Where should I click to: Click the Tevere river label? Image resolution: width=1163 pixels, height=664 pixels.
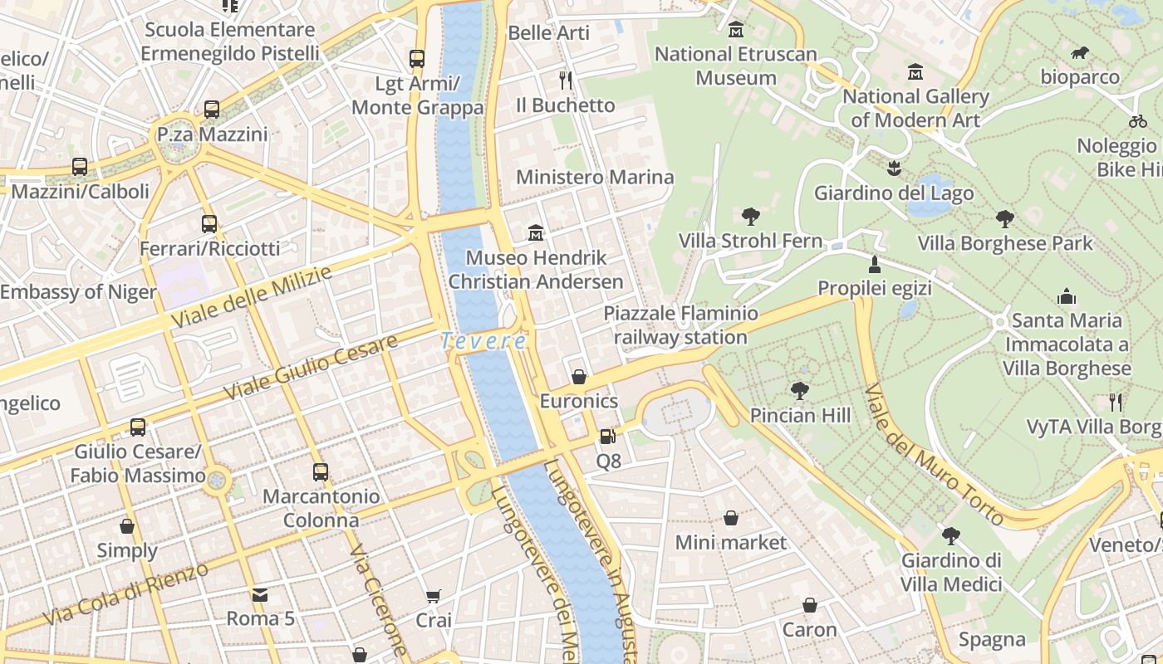click(x=483, y=341)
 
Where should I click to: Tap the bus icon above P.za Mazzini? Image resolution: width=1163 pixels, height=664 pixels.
click(x=212, y=110)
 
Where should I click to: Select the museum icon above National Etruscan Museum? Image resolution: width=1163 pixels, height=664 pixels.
click(x=735, y=31)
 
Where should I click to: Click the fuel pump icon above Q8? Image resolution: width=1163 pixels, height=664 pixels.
click(x=608, y=436)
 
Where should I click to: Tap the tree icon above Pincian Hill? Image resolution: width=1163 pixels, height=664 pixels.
click(x=800, y=390)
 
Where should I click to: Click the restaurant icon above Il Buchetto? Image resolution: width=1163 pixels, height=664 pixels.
click(x=566, y=81)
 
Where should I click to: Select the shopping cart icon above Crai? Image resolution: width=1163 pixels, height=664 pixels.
click(x=433, y=596)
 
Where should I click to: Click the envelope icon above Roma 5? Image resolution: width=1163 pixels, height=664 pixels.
click(x=260, y=594)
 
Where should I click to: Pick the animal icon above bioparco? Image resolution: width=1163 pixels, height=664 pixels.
click(x=1080, y=54)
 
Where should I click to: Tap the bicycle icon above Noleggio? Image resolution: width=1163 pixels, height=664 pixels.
click(x=1138, y=121)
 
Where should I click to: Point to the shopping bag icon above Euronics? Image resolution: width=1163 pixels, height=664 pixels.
click(x=579, y=377)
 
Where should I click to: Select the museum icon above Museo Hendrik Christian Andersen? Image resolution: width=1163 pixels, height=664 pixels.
click(x=536, y=233)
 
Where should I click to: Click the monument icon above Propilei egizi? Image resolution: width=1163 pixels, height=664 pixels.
click(x=874, y=265)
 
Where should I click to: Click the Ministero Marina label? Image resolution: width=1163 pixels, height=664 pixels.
click(x=595, y=178)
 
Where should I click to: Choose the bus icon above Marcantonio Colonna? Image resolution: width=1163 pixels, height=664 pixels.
click(x=321, y=472)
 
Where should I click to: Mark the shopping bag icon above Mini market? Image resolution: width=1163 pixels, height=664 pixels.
click(x=730, y=518)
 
